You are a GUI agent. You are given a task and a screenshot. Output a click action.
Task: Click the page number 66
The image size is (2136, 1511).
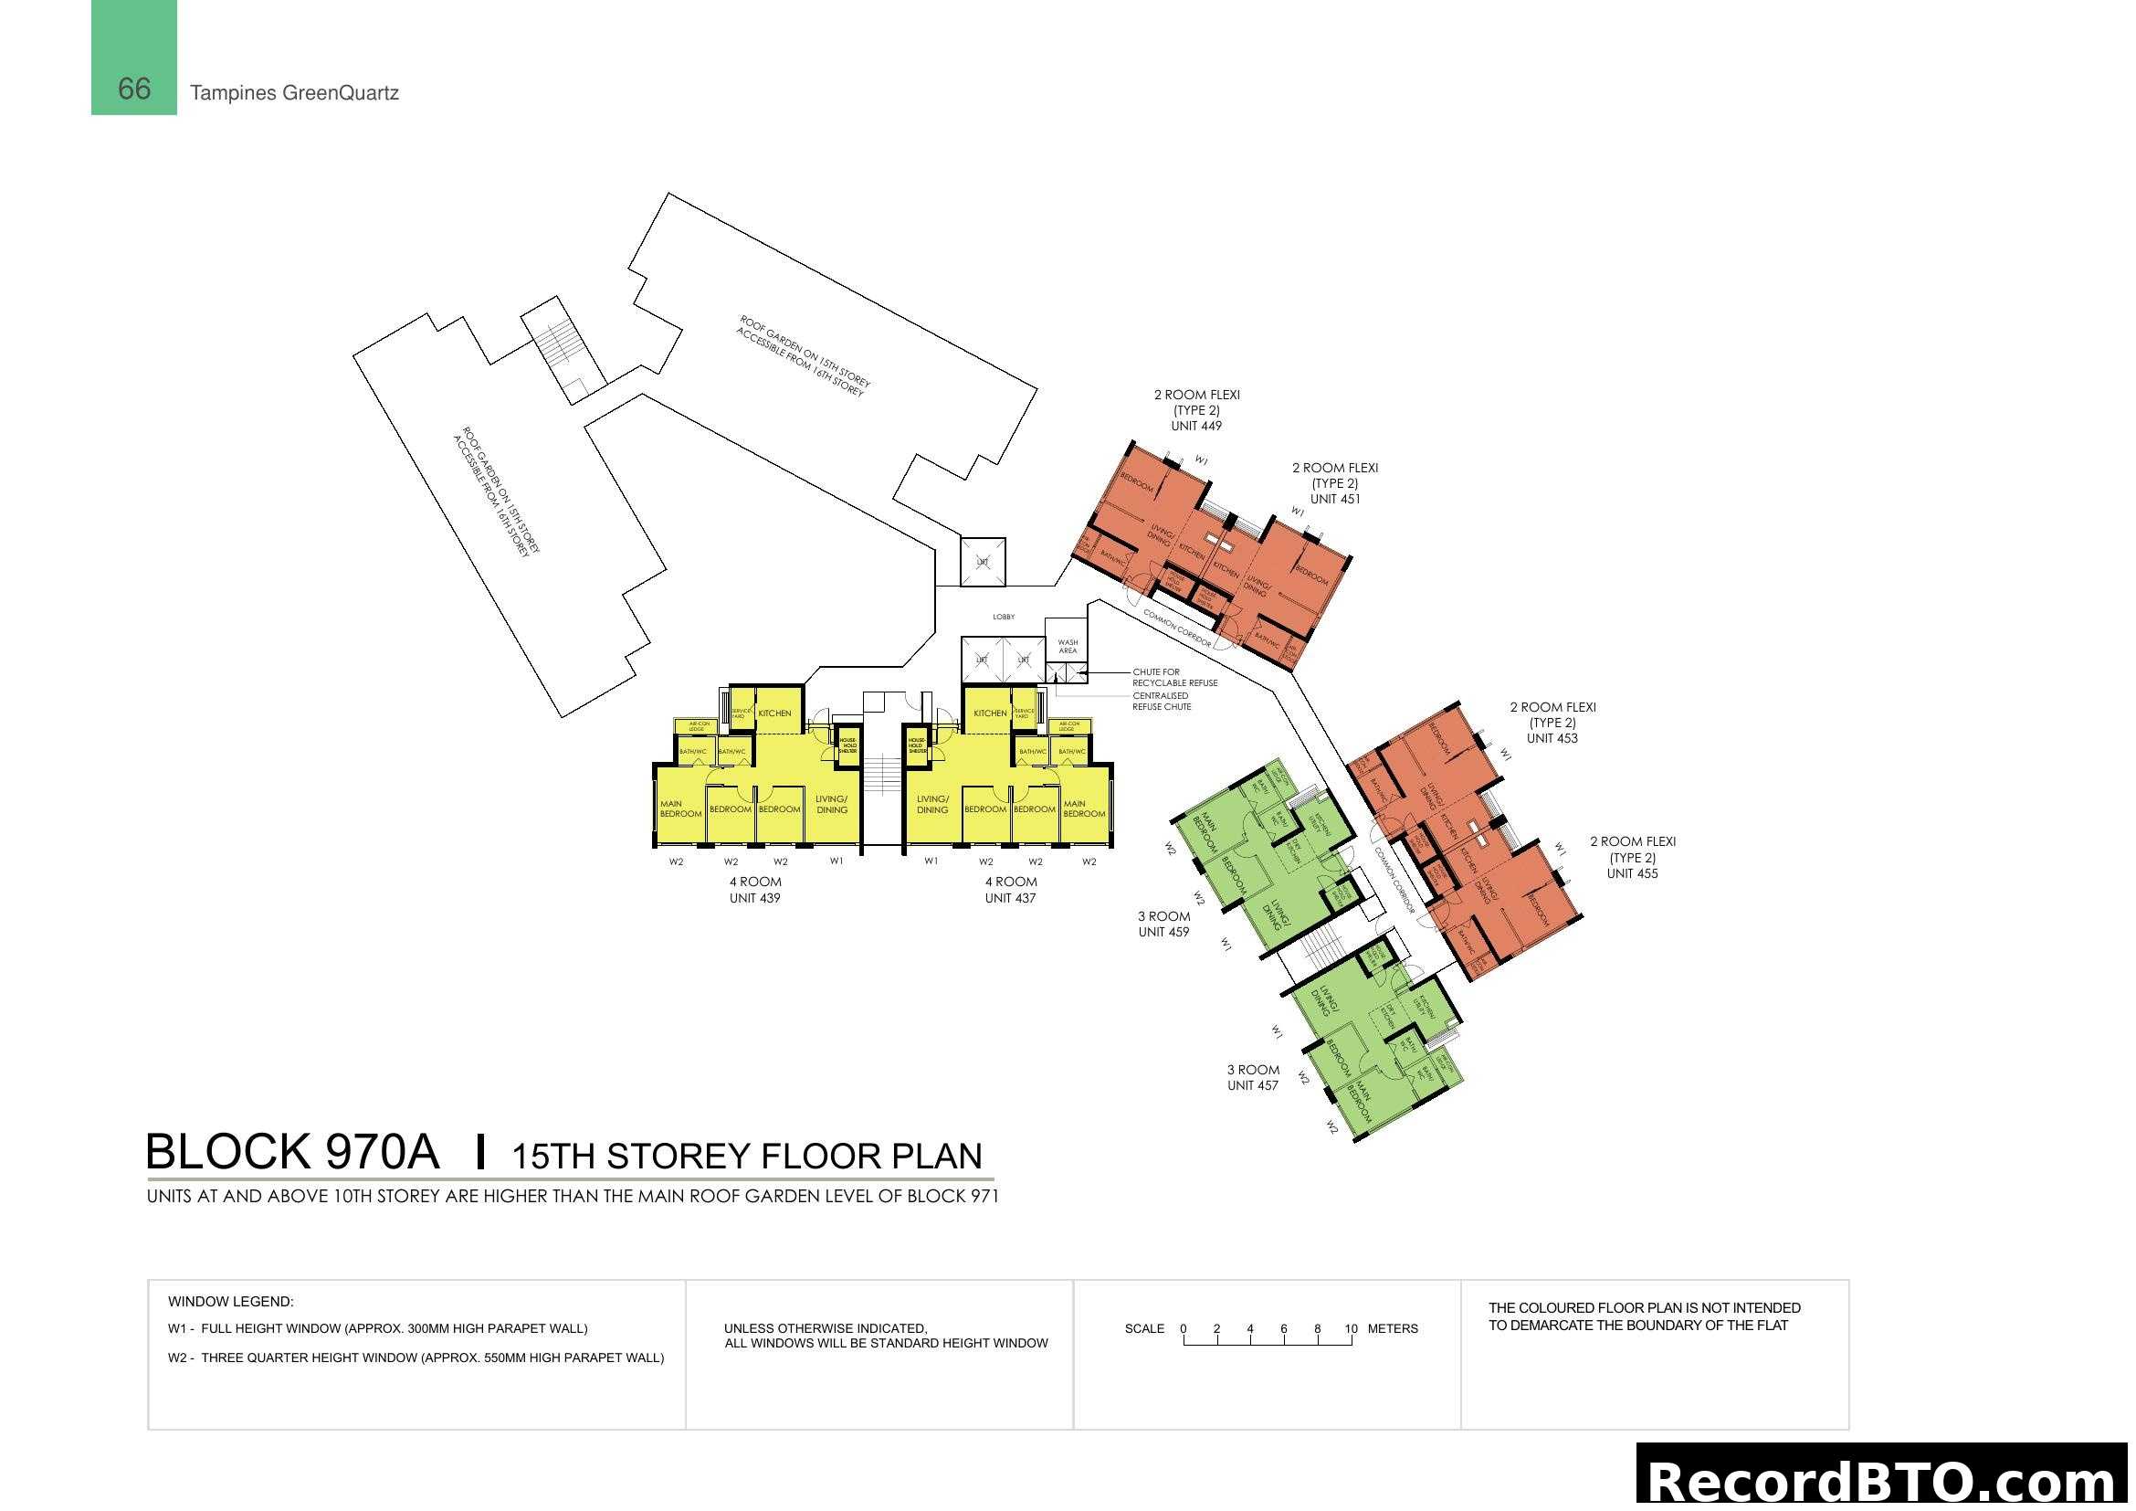click(x=134, y=89)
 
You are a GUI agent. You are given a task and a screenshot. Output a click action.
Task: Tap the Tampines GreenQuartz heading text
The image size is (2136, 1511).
click(x=294, y=93)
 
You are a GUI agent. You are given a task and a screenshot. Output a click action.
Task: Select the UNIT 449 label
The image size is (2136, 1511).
click(x=1196, y=426)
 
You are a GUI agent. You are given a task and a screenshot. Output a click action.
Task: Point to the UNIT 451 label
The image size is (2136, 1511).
click(x=1335, y=500)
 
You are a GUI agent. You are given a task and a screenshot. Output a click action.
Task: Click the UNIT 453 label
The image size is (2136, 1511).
click(x=1552, y=739)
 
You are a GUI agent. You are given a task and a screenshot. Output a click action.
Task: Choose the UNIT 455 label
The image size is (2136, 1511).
click(x=1632, y=873)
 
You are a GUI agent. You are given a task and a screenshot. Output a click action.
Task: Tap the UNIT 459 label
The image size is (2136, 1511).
click(x=1163, y=933)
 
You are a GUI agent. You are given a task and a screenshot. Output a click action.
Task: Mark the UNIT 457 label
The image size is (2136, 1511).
click(x=1252, y=1086)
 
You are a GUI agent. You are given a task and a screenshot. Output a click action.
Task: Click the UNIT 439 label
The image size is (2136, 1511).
click(x=754, y=899)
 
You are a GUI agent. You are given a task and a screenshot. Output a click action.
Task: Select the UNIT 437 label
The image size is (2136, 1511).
click(x=1010, y=899)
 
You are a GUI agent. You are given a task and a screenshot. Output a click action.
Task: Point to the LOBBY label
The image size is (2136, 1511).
click(x=1004, y=617)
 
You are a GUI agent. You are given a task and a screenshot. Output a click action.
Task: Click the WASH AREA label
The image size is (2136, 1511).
click(x=1068, y=647)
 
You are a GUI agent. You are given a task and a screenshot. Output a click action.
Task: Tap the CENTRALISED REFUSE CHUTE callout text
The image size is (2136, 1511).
click(x=1161, y=702)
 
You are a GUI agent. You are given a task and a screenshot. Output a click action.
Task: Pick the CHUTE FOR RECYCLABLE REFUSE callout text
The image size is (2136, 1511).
click(x=1174, y=677)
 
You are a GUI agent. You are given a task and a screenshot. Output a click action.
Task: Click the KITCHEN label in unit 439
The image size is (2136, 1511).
click(x=774, y=713)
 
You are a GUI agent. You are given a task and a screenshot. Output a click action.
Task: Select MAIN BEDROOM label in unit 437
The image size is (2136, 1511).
click(x=1084, y=808)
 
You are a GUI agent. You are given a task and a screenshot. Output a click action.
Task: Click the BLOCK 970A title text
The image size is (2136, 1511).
click(x=292, y=1152)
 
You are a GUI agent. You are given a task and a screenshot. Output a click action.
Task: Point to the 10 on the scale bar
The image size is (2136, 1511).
click(x=1351, y=1328)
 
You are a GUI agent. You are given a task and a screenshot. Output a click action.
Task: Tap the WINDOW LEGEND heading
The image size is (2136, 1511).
click(x=231, y=1302)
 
